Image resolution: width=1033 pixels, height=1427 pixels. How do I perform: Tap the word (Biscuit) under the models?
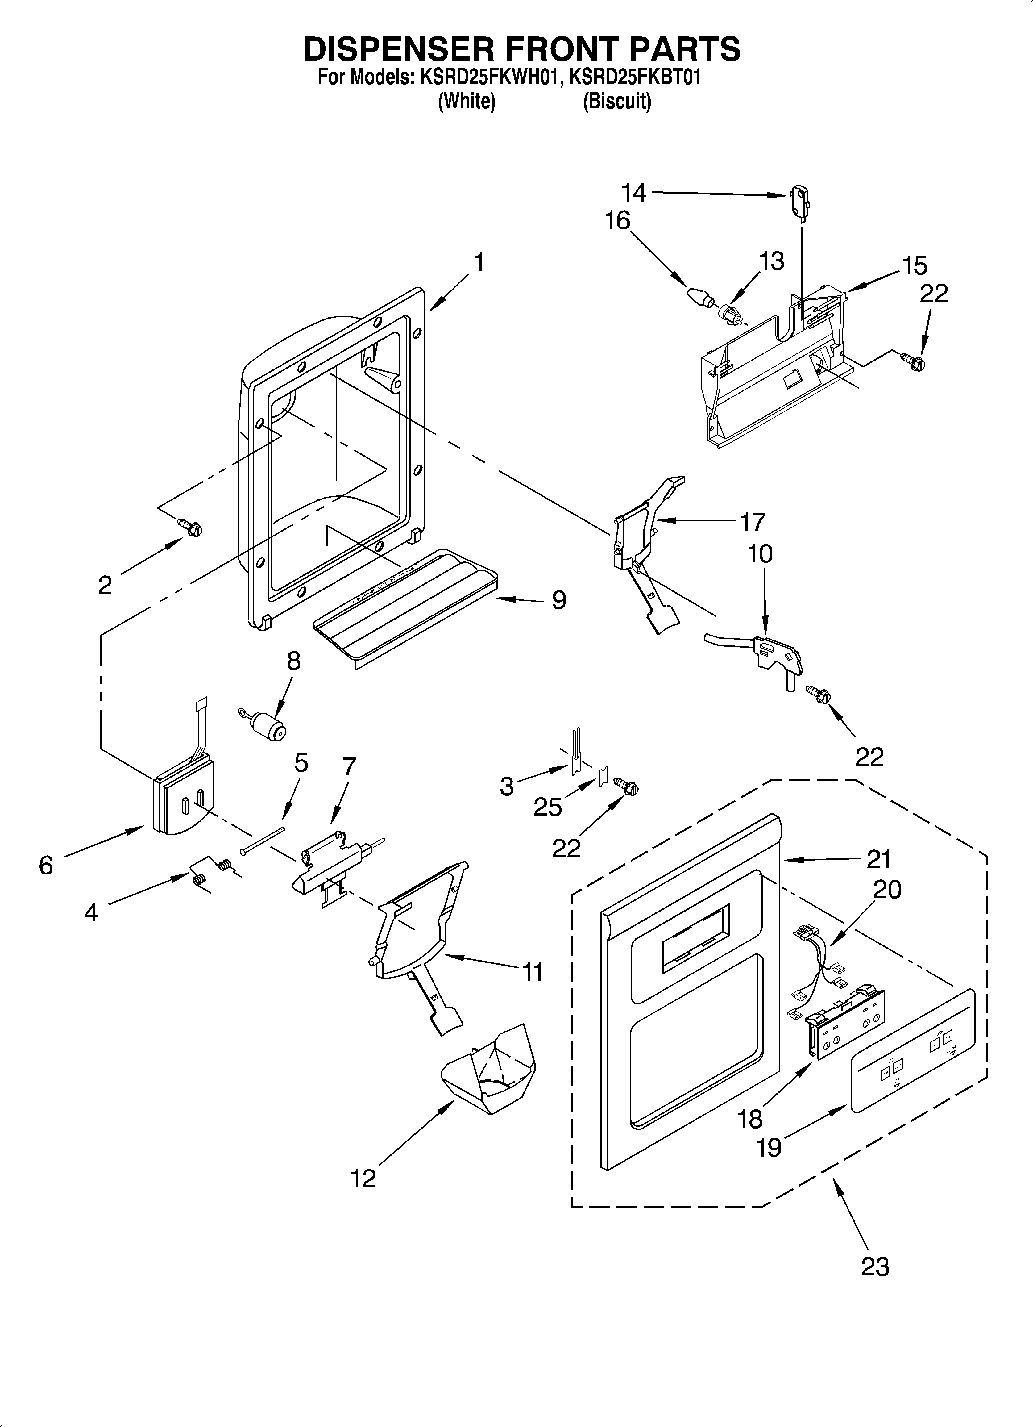tap(616, 101)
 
